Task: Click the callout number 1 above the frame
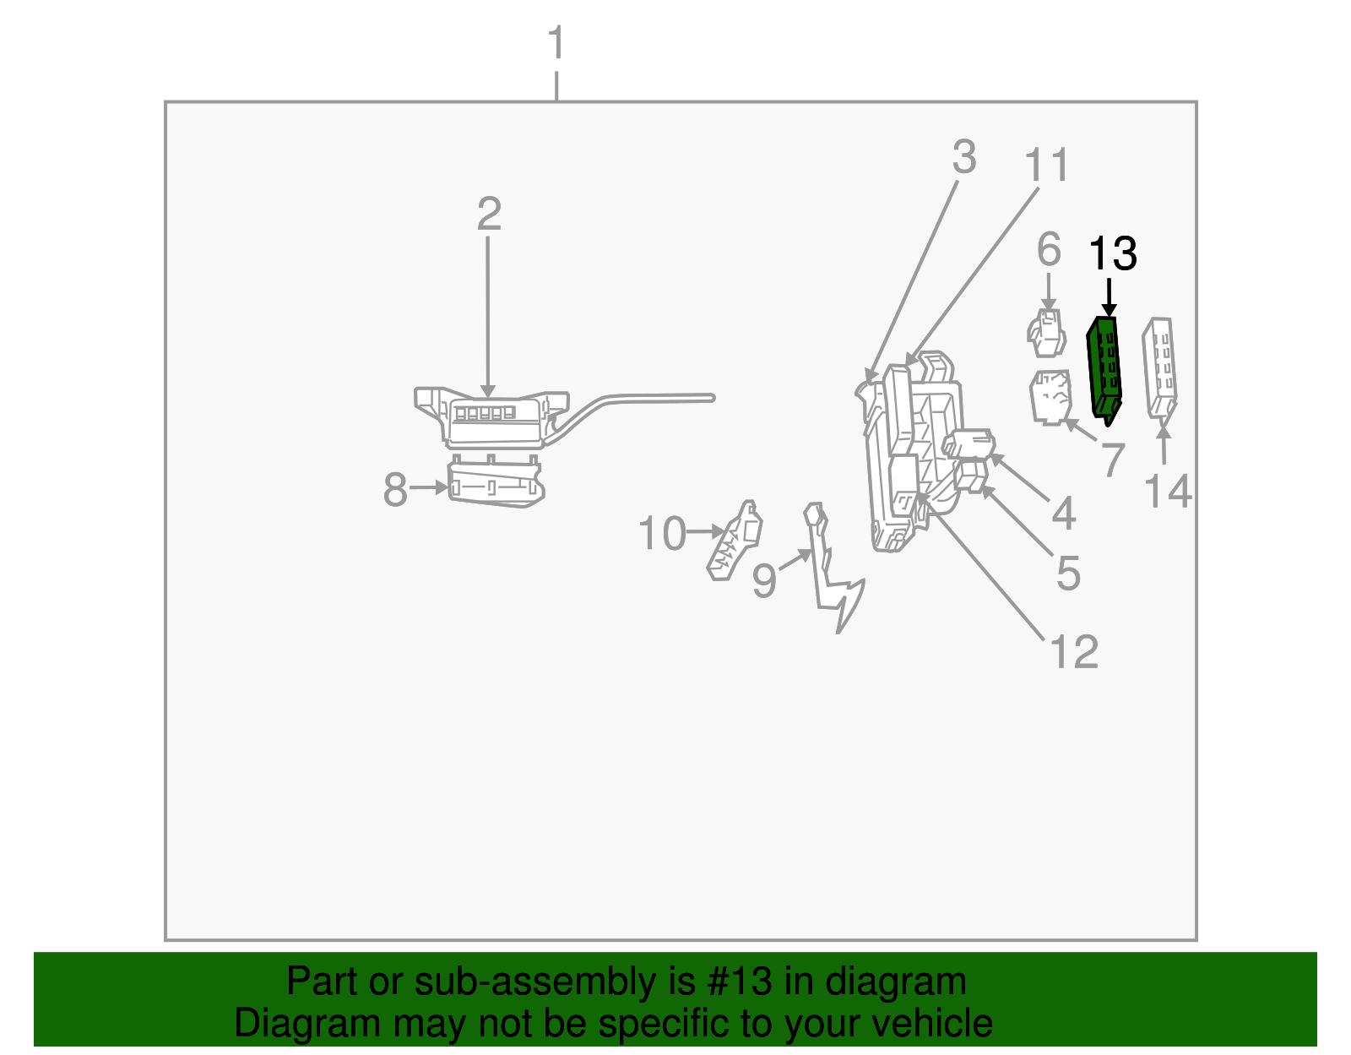pos(556,44)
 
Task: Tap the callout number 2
pos(489,215)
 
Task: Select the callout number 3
pos(964,158)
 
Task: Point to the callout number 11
pos(1047,166)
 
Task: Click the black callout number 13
pos(1113,253)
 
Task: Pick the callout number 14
pos(1168,492)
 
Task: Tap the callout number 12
pos(1074,652)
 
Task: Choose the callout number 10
pos(662,534)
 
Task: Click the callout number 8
pos(395,490)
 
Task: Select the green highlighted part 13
pos(1105,367)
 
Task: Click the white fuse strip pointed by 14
pos(1159,367)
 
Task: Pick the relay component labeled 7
pos(1050,396)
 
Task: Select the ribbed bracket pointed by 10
pos(735,541)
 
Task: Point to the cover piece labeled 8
pos(495,485)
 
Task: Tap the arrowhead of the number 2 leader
pos(487,391)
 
